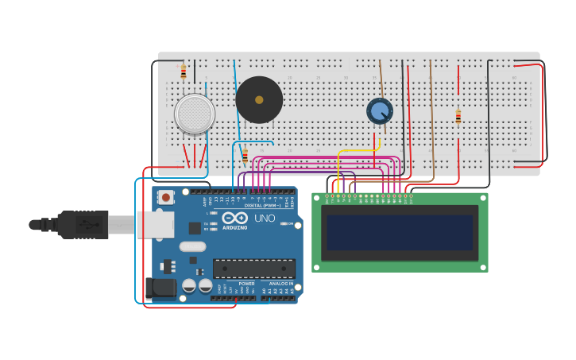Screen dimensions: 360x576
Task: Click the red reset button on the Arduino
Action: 165,197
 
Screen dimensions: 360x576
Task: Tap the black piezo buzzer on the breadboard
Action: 259,100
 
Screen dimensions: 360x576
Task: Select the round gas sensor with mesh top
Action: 195,114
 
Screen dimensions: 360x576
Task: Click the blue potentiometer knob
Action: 380,110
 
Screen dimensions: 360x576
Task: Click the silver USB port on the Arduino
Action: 155,225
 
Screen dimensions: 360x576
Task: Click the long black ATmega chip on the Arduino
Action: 253,269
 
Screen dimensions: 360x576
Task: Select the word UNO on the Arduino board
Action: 265,218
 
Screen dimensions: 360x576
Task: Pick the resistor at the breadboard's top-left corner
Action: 184,72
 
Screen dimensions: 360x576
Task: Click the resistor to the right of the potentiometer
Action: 458,117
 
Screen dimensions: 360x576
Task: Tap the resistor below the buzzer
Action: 245,156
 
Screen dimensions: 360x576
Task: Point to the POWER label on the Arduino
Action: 247,284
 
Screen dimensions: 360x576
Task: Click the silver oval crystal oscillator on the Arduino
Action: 192,246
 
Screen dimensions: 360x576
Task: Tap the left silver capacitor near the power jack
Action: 189,285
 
